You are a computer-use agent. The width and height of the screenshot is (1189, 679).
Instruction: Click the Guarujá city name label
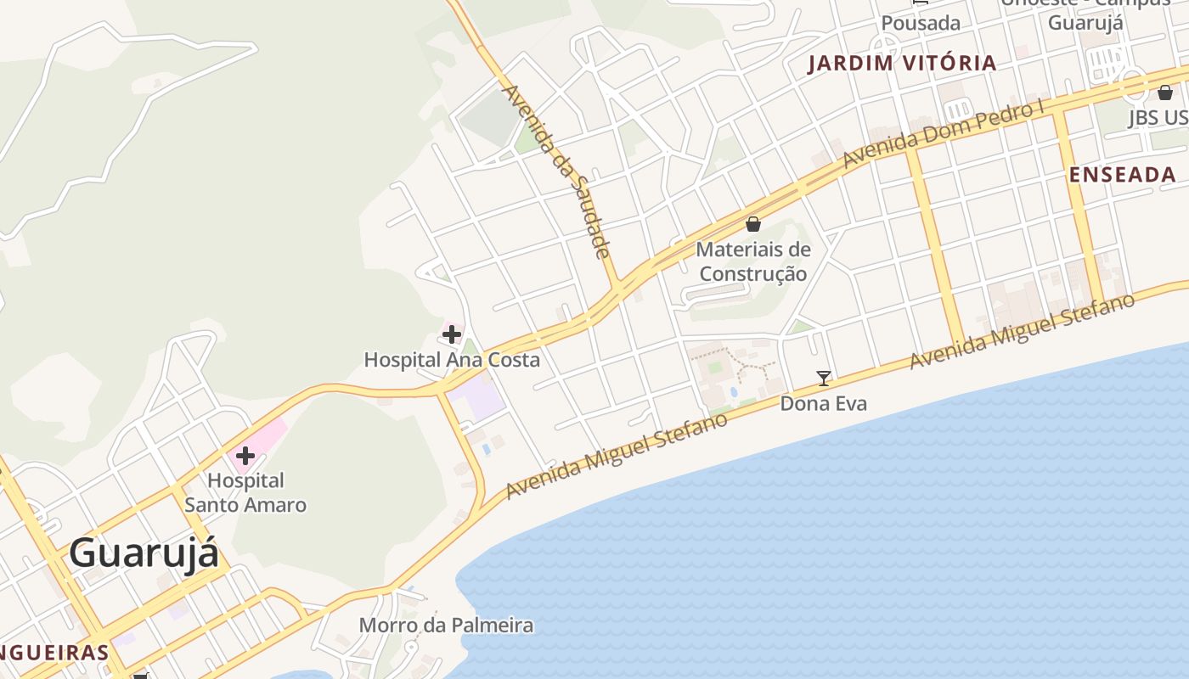tap(144, 553)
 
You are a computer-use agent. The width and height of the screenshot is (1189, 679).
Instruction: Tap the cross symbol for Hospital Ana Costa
tap(452, 334)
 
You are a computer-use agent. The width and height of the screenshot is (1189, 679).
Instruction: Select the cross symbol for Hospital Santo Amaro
tap(245, 456)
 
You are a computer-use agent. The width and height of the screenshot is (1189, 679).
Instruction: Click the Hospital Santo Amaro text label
tap(245, 493)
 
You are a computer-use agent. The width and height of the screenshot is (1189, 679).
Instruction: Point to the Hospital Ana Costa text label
tap(452, 360)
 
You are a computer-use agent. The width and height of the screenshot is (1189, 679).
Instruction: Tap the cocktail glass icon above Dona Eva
tap(823, 379)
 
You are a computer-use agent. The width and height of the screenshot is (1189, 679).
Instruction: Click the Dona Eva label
tap(824, 403)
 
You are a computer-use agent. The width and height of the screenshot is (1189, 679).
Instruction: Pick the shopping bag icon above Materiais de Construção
tap(752, 224)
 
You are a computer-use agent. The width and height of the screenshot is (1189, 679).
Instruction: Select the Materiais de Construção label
tap(752, 261)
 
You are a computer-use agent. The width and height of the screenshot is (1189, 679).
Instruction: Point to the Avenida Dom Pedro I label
tap(943, 134)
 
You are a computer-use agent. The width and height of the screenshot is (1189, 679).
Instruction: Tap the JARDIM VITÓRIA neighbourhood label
tap(902, 63)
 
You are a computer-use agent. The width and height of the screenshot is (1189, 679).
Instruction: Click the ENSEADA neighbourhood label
tap(1122, 175)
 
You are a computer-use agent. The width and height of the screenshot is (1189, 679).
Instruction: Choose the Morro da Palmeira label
tap(446, 626)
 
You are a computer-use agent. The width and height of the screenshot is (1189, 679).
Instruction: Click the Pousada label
tap(921, 23)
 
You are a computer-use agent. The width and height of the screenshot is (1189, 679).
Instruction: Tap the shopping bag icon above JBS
tap(1165, 93)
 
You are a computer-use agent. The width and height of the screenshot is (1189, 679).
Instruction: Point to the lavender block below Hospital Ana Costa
tap(476, 399)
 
